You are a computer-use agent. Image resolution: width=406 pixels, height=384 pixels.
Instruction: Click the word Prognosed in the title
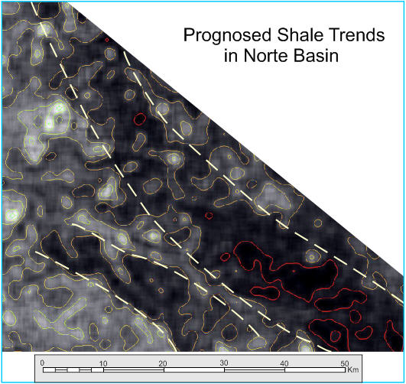(227, 36)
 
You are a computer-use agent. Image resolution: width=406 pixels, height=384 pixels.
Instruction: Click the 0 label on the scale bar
(43, 363)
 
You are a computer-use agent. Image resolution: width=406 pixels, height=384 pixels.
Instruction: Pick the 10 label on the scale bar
(103, 363)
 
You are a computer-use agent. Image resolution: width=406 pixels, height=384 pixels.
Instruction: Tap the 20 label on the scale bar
(163, 363)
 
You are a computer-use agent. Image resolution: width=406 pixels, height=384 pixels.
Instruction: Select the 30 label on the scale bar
(224, 363)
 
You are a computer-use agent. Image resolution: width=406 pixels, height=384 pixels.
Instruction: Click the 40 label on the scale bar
(284, 363)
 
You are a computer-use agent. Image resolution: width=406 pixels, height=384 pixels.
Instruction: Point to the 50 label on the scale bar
(345, 363)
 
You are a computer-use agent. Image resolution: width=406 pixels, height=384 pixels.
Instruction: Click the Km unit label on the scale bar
(353, 369)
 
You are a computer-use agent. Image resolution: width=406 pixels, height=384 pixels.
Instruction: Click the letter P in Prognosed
(189, 35)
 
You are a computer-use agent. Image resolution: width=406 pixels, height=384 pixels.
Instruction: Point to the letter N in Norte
(249, 55)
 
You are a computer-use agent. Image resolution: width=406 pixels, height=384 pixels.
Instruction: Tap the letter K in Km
(350, 369)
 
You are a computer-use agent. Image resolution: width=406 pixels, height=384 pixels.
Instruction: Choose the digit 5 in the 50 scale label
(343, 363)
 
